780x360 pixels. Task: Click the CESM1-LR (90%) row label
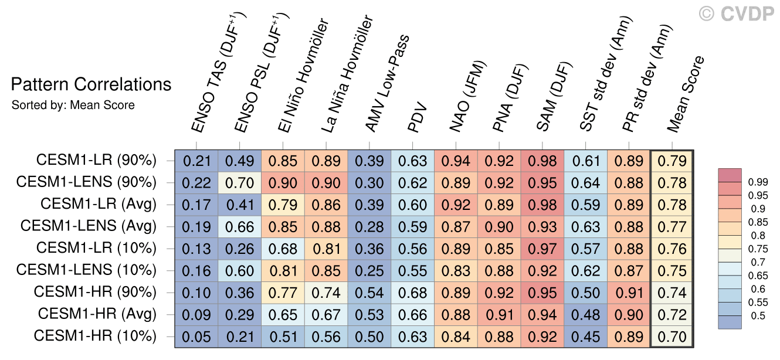(x=96, y=160)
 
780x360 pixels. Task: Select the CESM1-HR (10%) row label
(x=95, y=337)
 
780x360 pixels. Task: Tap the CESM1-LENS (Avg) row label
(x=88, y=226)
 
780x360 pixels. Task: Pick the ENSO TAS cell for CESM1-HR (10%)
(x=196, y=337)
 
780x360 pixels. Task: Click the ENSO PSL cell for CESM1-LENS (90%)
(x=240, y=182)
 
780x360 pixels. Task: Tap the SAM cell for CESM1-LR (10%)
(x=543, y=248)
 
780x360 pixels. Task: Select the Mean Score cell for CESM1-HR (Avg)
(x=672, y=314)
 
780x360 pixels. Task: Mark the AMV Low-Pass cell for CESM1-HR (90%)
(x=369, y=292)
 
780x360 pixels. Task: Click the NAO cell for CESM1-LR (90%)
(x=456, y=160)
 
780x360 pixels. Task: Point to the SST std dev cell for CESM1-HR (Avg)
(x=586, y=314)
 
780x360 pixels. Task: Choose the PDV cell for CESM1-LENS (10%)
(x=413, y=270)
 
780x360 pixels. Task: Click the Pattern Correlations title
(x=91, y=84)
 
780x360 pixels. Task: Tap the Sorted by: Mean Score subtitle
(x=73, y=106)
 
